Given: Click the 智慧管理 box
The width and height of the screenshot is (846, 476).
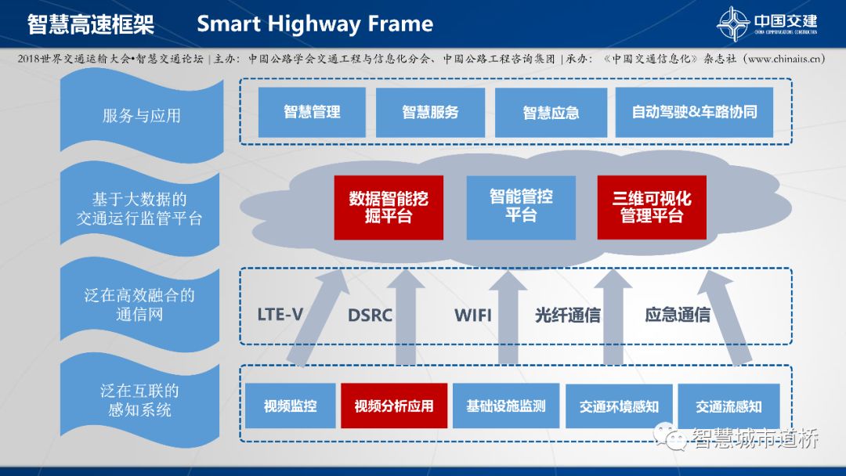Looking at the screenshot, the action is click(312, 112).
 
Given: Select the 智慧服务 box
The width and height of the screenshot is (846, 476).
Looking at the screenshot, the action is click(430, 112).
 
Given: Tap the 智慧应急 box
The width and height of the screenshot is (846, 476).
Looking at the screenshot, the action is click(551, 112).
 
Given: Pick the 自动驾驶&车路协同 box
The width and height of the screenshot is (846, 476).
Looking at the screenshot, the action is click(694, 112).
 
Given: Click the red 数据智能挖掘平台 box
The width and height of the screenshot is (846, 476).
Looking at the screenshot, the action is click(389, 207).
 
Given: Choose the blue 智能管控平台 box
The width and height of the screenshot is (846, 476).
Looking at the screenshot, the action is click(521, 207).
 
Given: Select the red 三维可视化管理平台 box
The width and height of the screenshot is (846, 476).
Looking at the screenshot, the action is click(652, 207).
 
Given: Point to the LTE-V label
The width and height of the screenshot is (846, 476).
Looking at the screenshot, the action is click(280, 316).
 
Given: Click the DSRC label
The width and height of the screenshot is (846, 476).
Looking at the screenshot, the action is click(370, 316).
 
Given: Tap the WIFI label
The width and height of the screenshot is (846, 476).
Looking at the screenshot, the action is click(473, 316).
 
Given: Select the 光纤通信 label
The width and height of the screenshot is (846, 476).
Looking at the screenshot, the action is click(567, 316).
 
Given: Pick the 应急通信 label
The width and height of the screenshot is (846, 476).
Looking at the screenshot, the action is click(678, 316).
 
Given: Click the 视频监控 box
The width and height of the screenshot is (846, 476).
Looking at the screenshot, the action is click(290, 406).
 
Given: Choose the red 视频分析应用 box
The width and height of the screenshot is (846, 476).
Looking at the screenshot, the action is click(393, 406).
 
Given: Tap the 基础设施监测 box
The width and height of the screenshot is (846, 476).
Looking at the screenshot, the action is click(506, 406).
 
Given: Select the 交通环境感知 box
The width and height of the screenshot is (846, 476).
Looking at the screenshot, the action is click(619, 406).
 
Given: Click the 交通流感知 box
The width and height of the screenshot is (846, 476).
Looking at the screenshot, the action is click(728, 406).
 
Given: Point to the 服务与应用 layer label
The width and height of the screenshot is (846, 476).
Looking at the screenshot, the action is click(141, 116).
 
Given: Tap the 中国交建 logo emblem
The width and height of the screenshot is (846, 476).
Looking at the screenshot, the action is click(734, 24).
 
